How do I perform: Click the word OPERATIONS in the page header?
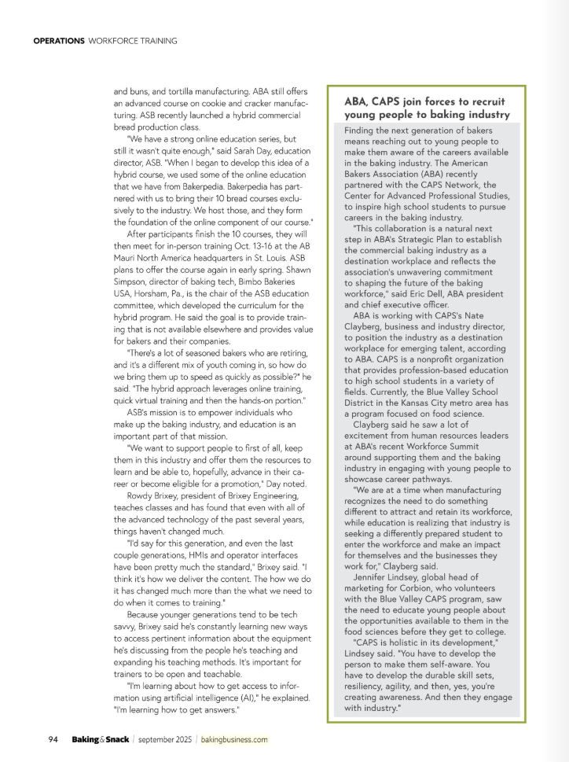(58, 41)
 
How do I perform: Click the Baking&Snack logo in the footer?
(100, 739)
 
